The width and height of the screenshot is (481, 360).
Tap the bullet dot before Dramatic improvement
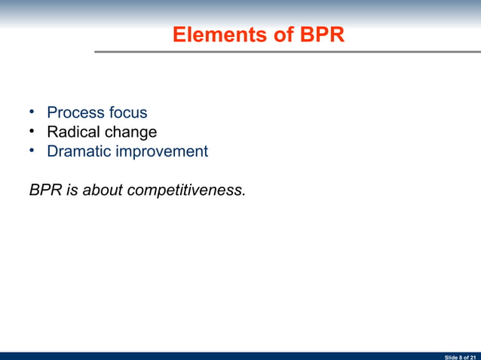[33, 151]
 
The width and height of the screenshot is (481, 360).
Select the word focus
[128, 113]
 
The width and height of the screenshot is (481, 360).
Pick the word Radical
[73, 133]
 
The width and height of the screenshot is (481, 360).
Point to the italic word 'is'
[72, 190]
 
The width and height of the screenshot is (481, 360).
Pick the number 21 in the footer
[473, 356]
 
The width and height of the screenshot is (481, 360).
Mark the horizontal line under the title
[286, 52]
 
